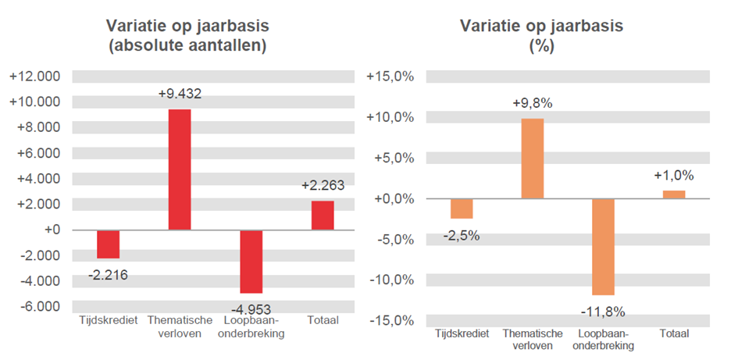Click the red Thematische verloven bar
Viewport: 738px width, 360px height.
tap(180, 169)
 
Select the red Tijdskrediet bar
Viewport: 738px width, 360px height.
tap(108, 244)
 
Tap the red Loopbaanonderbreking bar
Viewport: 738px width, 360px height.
tap(251, 261)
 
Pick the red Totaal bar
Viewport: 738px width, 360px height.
tap(323, 216)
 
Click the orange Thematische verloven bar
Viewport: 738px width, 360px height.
tap(532, 159)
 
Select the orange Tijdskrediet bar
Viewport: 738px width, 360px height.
tap(462, 209)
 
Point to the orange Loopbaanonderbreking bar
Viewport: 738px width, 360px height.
tap(603, 246)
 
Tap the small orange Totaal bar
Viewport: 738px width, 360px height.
tap(674, 194)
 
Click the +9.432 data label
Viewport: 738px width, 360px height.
tap(180, 94)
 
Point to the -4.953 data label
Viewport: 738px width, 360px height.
tap(251, 308)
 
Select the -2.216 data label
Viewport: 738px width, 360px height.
tap(108, 274)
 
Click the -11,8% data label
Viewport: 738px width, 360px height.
tap(603, 312)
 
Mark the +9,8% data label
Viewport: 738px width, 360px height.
tap(532, 103)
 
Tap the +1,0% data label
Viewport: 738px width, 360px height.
tap(674, 176)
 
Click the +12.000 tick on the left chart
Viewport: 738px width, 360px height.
tap(34, 77)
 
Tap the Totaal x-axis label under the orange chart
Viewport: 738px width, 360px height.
tap(674, 333)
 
